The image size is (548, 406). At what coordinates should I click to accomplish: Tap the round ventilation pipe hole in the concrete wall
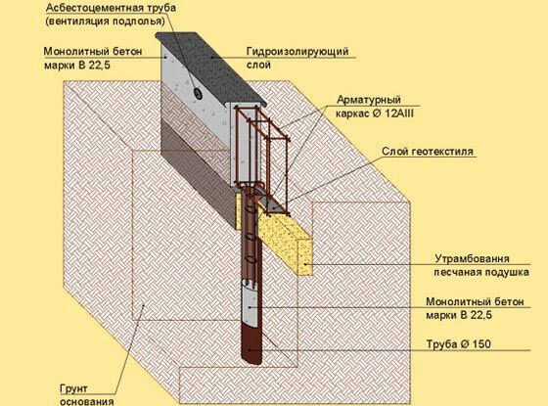point(198,93)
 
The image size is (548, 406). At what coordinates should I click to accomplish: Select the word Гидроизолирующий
point(297,51)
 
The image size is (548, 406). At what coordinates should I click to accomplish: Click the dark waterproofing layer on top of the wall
point(211,68)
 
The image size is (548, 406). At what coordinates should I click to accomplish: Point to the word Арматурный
point(369,100)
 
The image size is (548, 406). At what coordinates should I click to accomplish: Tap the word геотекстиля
point(442,152)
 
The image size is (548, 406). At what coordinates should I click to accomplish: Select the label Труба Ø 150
point(458,344)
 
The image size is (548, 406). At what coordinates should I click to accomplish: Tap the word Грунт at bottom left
point(73,388)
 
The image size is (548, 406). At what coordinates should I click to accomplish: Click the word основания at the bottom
point(87,401)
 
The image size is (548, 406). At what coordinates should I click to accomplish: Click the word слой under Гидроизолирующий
point(258,65)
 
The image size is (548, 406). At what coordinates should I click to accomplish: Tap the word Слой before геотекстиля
point(395,152)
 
